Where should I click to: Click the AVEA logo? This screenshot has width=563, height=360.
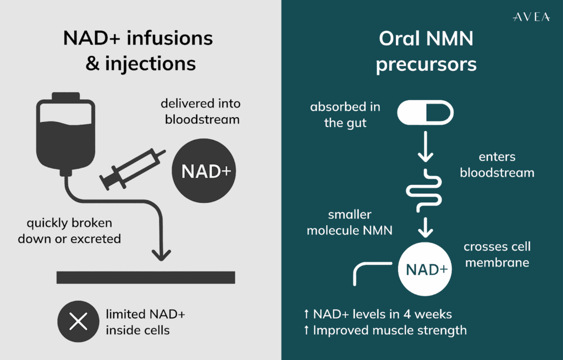531,18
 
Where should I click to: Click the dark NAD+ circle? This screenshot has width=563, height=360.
206,171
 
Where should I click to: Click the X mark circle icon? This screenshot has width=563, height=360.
79,322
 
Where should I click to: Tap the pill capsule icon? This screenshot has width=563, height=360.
425,112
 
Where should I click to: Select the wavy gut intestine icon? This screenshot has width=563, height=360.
425,191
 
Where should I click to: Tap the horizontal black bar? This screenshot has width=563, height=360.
146,278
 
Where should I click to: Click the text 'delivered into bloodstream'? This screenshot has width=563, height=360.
200,111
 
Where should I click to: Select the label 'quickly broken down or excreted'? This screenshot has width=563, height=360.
69,231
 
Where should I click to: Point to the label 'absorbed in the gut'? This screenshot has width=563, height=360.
345,115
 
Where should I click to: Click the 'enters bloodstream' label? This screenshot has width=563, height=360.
497,165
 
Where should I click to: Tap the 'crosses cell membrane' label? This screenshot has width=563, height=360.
497,254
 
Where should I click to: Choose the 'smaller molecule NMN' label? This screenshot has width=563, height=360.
350,222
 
